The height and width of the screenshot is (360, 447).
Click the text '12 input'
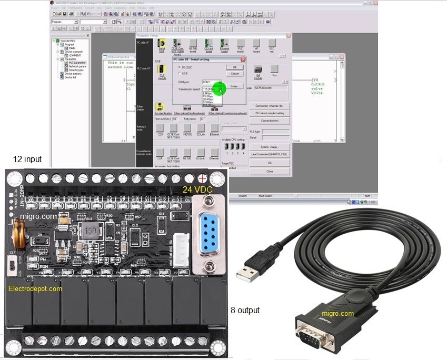(27, 159)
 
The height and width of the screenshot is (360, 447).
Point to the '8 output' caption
(245, 311)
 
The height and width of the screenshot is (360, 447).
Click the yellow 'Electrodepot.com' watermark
(35, 288)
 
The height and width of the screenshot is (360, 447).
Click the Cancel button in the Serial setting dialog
(235, 74)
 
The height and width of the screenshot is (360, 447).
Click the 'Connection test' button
(270, 121)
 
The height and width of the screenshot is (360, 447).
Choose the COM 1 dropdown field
(211, 83)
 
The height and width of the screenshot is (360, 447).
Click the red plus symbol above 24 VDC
(201, 177)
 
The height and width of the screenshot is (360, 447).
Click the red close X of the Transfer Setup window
(289, 36)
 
